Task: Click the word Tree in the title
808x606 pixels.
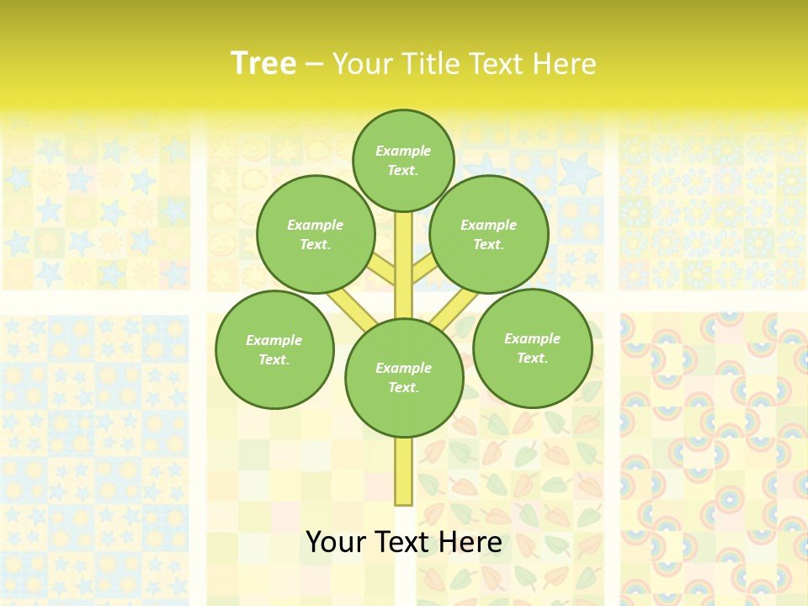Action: [263, 63]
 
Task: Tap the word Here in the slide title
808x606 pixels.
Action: [563, 63]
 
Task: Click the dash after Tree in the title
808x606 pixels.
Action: [314, 65]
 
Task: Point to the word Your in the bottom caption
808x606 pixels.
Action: [335, 542]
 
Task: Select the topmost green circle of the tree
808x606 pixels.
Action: [403, 160]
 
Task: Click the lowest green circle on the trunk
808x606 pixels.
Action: [404, 378]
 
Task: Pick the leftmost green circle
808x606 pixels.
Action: [274, 349]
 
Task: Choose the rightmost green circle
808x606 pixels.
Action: [532, 348]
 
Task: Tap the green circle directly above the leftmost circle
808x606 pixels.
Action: [316, 234]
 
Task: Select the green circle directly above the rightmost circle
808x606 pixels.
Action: [489, 234]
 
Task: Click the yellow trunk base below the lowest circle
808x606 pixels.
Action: [403, 471]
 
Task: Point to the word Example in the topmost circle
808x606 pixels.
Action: [403, 151]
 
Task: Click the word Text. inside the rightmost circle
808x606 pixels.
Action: [532, 358]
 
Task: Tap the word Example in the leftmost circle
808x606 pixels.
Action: [274, 340]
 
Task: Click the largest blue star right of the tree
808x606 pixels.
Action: [579, 173]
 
